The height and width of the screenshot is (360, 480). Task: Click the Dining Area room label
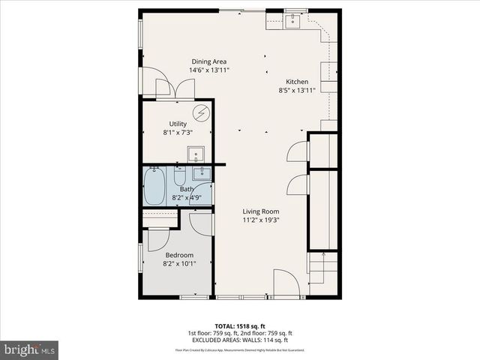208,61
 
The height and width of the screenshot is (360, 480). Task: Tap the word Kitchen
297,81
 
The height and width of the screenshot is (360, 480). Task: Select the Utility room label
178,124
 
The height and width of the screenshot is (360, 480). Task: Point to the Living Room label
260,211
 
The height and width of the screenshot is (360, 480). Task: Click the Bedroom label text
179,255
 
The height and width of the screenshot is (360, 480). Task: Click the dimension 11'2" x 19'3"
260,220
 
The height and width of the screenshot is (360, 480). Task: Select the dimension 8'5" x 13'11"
297,90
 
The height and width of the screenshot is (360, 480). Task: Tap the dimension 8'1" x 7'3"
178,133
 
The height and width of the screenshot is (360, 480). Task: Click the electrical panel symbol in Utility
200,113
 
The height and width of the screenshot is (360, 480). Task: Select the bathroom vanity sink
200,174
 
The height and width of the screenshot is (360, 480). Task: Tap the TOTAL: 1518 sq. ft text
239,327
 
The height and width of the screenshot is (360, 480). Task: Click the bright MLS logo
30,349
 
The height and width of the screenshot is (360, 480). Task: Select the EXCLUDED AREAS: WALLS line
239,340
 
